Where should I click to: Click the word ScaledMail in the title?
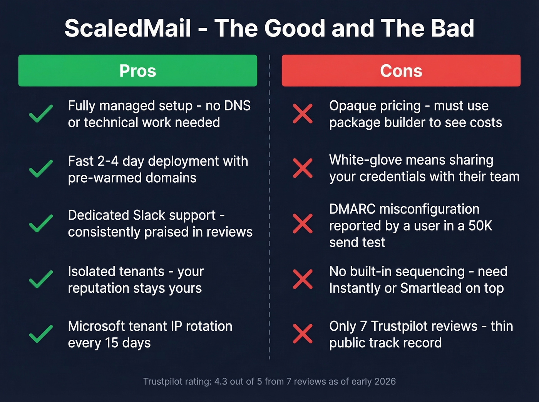click(x=128, y=28)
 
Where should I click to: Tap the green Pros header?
click(x=137, y=71)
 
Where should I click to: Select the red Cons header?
click(x=401, y=71)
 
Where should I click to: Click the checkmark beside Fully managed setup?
click(x=41, y=113)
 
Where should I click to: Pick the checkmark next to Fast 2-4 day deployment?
click(x=41, y=168)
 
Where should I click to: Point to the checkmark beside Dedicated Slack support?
click(x=41, y=224)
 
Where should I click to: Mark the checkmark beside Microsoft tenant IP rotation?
click(x=41, y=334)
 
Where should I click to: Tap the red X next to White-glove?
click(x=303, y=168)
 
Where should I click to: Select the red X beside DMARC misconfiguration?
click(x=303, y=224)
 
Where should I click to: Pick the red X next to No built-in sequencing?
click(x=303, y=279)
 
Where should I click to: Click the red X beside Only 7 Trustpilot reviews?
click(x=303, y=334)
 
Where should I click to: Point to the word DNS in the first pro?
click(x=236, y=106)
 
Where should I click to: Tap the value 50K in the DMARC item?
click(x=480, y=226)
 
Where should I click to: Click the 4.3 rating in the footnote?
click(x=221, y=382)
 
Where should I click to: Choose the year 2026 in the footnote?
click(x=385, y=382)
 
